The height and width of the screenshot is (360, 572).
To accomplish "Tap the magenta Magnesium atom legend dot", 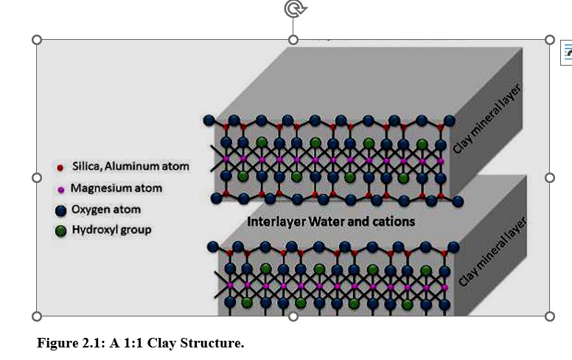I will click(61, 189).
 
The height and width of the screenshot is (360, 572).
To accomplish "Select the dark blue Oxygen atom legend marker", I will click(61, 210).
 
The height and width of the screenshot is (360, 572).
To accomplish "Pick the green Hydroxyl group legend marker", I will click(61, 231).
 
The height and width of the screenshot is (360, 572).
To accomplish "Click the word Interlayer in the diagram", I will click(275, 221).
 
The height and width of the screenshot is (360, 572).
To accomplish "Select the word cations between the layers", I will click(393, 221).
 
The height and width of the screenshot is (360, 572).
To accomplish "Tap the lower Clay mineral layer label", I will click(493, 251).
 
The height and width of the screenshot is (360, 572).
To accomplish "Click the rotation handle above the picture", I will click(294, 9).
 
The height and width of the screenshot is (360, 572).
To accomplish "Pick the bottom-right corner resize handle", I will click(549, 316).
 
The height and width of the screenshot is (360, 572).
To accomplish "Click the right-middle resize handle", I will click(549, 178).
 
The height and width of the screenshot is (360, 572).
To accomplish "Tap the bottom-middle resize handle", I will click(293, 316).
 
